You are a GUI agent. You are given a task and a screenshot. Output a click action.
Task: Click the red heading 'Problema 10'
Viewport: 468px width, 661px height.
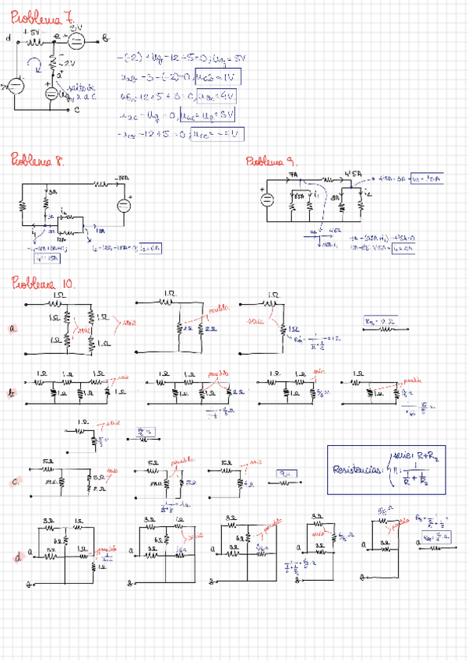pyautogui.click(x=43, y=283)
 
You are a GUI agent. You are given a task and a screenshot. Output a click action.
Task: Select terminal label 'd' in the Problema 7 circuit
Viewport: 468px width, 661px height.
pyautogui.click(x=9, y=37)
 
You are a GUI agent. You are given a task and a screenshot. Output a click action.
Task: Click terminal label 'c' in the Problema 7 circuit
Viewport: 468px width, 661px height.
pyautogui.click(x=76, y=110)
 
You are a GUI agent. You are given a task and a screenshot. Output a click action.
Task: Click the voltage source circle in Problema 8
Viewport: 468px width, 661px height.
pyautogui.click(x=123, y=205)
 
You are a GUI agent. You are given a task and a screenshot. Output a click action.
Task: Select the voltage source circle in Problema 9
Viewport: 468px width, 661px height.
pyautogui.click(x=266, y=198)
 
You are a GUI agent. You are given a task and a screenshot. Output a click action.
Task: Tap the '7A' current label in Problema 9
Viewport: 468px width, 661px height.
pyautogui.click(x=294, y=175)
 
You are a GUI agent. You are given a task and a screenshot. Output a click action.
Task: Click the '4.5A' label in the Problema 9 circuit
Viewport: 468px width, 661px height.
pyautogui.click(x=350, y=174)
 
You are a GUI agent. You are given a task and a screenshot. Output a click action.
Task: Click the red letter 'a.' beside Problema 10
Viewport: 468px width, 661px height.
pyautogui.click(x=13, y=330)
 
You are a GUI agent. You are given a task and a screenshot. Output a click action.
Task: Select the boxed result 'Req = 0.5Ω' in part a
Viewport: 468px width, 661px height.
pyautogui.click(x=378, y=321)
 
